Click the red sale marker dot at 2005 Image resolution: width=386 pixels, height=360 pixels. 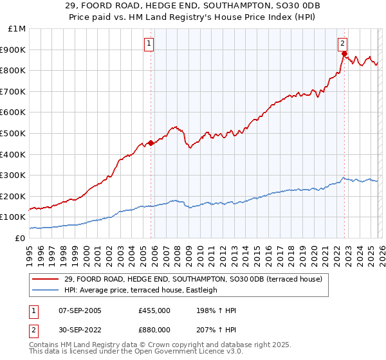(151, 143)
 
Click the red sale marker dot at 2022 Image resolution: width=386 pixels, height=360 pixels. (344, 54)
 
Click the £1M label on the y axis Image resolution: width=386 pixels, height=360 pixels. (17, 28)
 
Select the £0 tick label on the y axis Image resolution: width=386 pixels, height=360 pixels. (20, 238)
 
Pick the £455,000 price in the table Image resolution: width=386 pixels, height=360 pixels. (154, 310)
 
